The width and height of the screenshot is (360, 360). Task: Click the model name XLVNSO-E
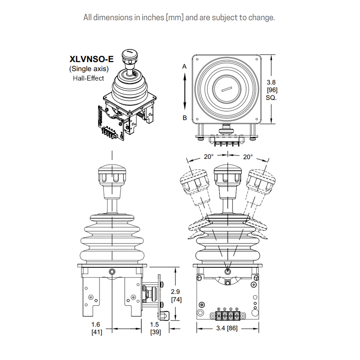(91, 59)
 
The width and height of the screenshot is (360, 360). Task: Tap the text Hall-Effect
(88, 78)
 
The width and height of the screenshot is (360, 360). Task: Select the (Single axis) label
(89, 69)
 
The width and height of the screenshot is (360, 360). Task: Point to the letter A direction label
(184, 66)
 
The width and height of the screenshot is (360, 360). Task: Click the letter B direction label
(184, 118)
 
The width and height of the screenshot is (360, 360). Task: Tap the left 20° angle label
(208, 157)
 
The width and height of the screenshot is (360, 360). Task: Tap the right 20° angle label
(248, 157)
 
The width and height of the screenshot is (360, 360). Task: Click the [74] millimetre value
(175, 300)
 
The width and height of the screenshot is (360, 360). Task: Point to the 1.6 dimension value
(96, 325)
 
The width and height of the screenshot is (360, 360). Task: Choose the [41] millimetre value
(96, 332)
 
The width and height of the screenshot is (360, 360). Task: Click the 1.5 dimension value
(155, 325)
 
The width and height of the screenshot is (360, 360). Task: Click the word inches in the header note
(153, 18)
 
